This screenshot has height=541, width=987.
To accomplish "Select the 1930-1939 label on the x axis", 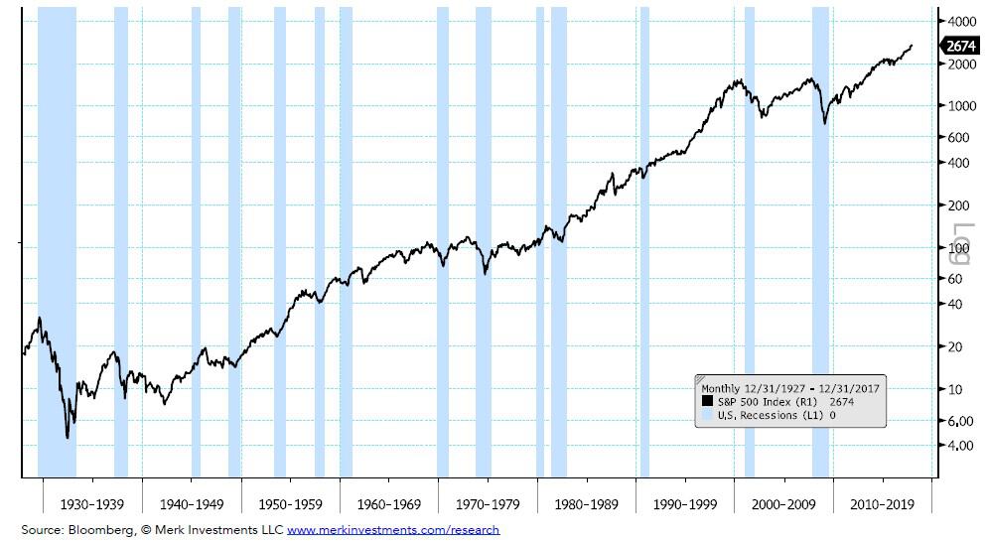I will click(92, 504).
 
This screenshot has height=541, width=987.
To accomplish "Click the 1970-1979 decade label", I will click(487, 504).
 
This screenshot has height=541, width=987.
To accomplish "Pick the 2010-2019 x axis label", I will click(882, 504).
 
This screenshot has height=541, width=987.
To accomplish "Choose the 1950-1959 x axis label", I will click(290, 504).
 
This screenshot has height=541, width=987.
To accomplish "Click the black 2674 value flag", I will click(960, 46).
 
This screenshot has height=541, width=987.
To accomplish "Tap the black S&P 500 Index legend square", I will click(707, 401).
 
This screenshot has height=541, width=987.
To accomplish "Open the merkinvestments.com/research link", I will click(393, 530).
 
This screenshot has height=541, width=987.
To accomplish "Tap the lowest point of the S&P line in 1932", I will click(67, 437).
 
